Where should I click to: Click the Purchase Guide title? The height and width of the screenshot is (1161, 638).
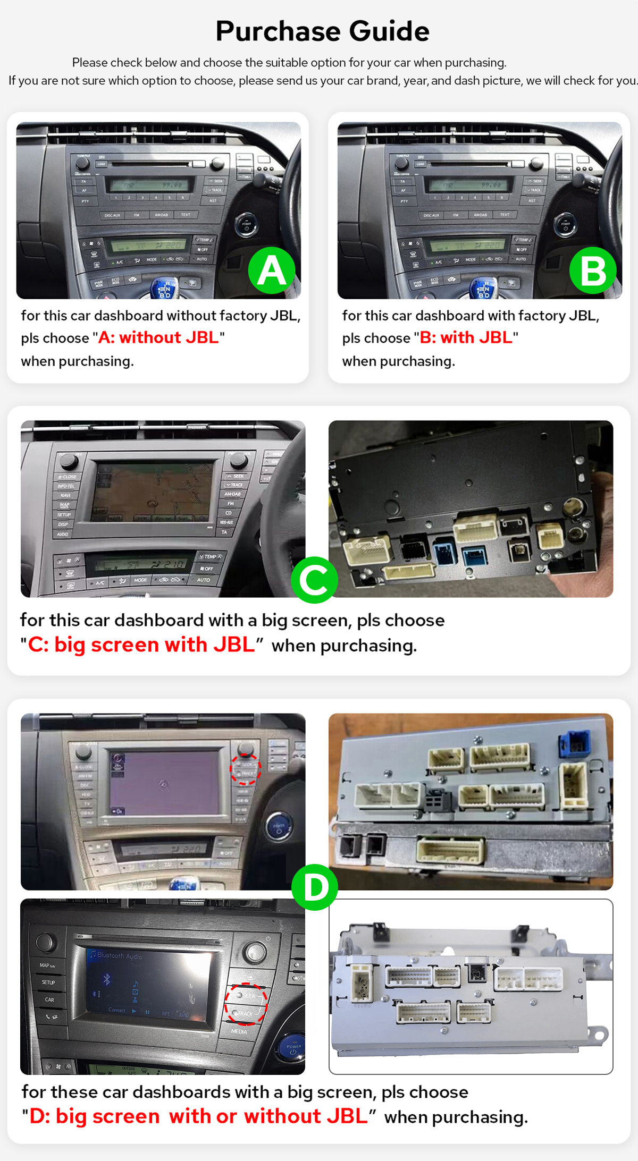click(x=322, y=31)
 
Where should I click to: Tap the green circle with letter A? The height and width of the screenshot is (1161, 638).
click(x=272, y=270)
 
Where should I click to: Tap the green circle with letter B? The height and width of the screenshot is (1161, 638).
click(x=593, y=270)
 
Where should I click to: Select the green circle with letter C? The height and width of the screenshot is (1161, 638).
click(x=314, y=580)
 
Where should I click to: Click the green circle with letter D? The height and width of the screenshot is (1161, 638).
click(x=315, y=887)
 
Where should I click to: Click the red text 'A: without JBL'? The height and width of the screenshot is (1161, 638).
click(x=158, y=337)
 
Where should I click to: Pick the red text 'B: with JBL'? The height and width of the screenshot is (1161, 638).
click(x=466, y=337)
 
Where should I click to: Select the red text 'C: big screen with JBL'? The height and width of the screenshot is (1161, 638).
click(x=141, y=645)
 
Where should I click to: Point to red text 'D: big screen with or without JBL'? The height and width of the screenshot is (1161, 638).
click(x=198, y=1116)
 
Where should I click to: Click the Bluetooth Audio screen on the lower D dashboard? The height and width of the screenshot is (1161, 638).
click(x=146, y=983)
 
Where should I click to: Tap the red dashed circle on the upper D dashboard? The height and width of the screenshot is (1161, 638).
click(x=245, y=769)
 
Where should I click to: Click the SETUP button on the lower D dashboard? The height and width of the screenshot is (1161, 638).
click(x=48, y=982)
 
